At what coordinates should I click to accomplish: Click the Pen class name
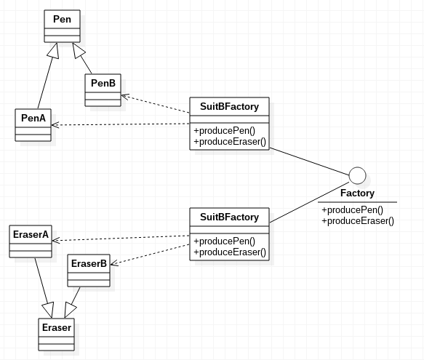[x=63, y=19]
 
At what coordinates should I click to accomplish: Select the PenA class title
[x=33, y=118]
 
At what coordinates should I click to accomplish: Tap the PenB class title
[x=103, y=83]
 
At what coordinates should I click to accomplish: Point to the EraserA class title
[x=31, y=234]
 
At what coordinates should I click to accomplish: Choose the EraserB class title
[x=89, y=263]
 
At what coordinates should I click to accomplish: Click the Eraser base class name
[x=57, y=327]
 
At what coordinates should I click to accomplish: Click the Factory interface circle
[x=358, y=175]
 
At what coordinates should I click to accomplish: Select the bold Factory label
[x=357, y=193]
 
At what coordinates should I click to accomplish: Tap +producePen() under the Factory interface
[x=352, y=210]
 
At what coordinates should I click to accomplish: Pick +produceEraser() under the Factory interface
[x=358, y=220]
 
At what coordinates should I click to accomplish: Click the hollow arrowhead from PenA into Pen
[x=54, y=50]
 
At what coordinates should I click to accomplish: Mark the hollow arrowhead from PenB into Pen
[x=79, y=50]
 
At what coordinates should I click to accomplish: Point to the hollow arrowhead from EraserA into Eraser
[x=49, y=310]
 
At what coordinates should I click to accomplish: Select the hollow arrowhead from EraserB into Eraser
[x=70, y=310]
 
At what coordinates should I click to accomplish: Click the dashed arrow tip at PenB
[x=121, y=95]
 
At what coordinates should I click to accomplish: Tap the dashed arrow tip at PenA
[x=52, y=125]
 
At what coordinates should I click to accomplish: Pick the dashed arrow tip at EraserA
[x=52, y=240]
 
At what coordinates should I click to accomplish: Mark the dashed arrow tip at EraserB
[x=111, y=264]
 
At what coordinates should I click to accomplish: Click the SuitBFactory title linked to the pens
[x=229, y=106]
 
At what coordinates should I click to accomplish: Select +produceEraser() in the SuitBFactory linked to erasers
[x=230, y=252]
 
